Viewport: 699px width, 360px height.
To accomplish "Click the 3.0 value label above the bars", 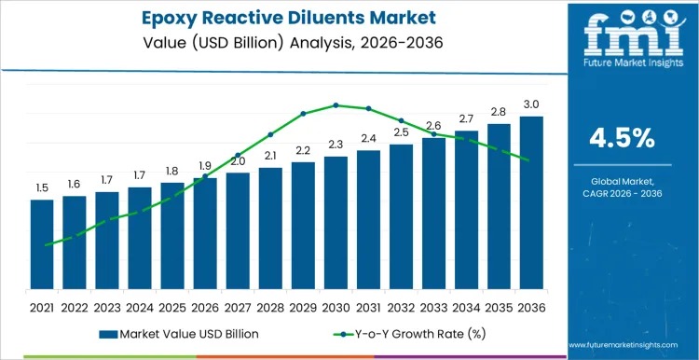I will point(531,104).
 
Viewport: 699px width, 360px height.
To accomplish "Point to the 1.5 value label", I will point(42,187).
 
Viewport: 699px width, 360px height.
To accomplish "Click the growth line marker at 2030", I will point(336,105).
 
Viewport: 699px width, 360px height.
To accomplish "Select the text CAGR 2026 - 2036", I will point(623,193).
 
